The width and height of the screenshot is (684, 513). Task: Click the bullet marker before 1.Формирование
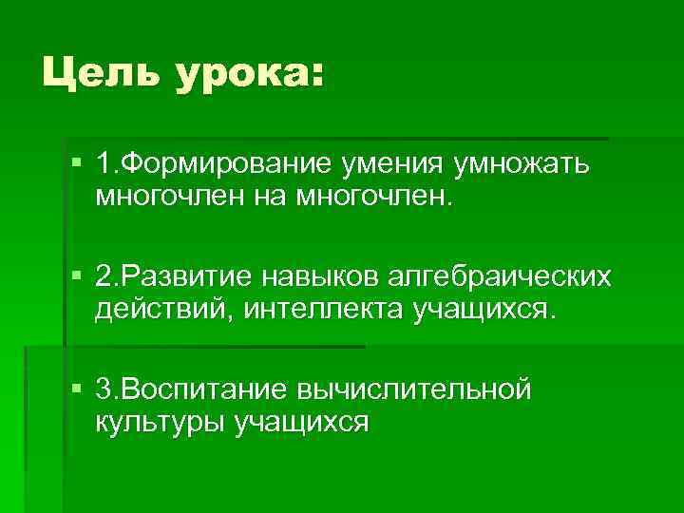(x=76, y=165)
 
